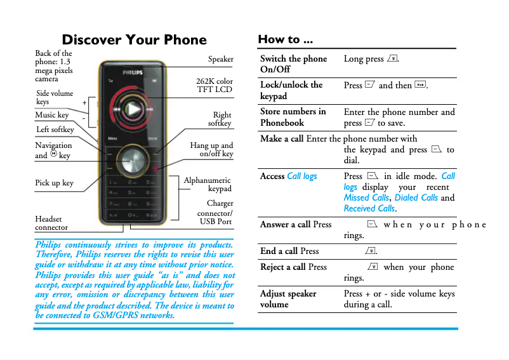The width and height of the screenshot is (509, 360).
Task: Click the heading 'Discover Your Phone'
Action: click(134, 40)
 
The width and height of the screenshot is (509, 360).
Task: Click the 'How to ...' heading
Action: click(285, 39)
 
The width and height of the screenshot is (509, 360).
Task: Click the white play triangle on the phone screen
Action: click(132, 109)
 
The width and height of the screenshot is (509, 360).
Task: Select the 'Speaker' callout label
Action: click(220, 59)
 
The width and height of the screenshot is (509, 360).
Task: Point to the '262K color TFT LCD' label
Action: click(215, 85)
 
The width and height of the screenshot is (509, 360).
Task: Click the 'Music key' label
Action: click(52, 115)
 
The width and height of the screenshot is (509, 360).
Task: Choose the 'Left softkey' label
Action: click(55, 130)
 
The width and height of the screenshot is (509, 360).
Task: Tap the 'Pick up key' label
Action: click(54, 183)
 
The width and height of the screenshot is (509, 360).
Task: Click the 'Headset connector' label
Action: click(51, 223)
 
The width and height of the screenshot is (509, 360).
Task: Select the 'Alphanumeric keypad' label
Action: click(208, 184)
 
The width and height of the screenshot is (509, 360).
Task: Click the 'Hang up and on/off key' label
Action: click(211, 149)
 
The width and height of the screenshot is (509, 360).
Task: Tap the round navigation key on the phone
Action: click(133, 159)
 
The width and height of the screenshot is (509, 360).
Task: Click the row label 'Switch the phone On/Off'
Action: click(293, 63)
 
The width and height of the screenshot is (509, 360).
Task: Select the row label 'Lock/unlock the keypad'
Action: click(291, 90)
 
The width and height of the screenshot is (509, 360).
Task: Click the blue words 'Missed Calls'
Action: click(366, 197)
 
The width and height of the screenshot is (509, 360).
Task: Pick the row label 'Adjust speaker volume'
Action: click(288, 298)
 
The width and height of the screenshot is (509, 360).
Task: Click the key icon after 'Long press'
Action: click(392, 59)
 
